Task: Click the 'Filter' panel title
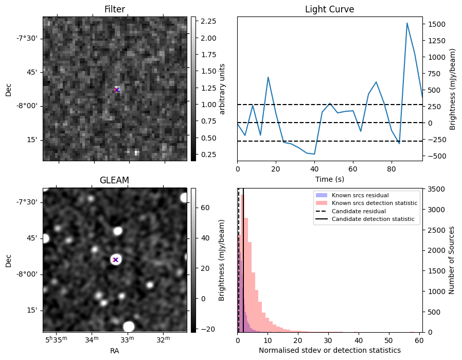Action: [x=114, y=9]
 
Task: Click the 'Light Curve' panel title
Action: [x=329, y=9]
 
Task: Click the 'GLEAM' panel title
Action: [x=114, y=180]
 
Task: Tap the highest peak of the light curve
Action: [x=407, y=23]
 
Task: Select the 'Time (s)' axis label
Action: [x=329, y=179]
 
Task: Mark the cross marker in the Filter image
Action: [x=117, y=90]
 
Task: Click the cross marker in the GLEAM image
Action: [x=116, y=260]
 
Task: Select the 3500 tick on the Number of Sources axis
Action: [x=434, y=190]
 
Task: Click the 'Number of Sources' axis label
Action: [x=452, y=260]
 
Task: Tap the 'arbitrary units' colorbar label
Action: [x=222, y=89]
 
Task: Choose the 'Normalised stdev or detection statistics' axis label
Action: [x=329, y=350]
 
